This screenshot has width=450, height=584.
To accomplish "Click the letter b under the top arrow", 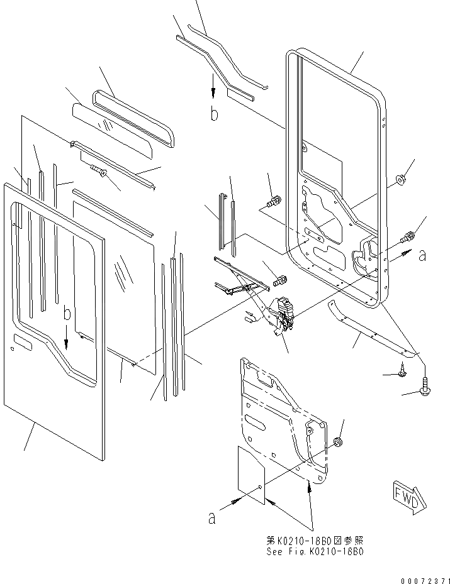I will point(214,114).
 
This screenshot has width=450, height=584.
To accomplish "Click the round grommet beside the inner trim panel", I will point(339,443).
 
